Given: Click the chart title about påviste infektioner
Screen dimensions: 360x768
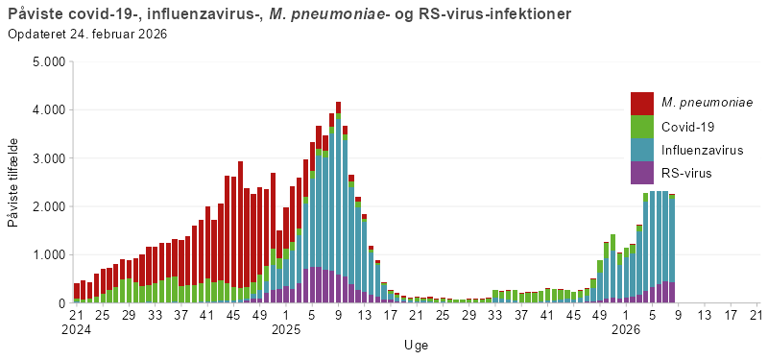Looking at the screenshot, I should [x=288, y=14].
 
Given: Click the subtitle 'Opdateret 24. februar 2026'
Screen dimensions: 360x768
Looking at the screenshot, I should [x=87, y=35].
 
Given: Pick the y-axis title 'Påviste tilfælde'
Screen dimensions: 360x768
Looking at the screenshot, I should [x=12, y=182].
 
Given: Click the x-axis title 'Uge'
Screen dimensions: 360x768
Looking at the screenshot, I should [x=416, y=345].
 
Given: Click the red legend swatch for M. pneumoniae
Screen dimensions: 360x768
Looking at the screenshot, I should [x=642, y=103].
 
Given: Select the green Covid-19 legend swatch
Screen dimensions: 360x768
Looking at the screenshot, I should [x=642, y=126].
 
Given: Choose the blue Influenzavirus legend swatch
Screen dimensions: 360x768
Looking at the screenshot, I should [x=642, y=149].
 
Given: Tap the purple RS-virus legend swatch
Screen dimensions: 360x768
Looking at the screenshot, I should [x=642, y=173].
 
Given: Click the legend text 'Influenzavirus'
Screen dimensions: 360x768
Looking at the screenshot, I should [x=702, y=150].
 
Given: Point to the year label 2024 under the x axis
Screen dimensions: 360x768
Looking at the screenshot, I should [x=77, y=329].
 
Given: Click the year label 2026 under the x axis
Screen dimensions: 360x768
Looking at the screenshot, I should [x=626, y=329].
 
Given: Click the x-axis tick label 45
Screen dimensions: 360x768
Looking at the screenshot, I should [x=233, y=314].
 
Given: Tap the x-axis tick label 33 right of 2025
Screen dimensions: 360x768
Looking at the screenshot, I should [x=495, y=314].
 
